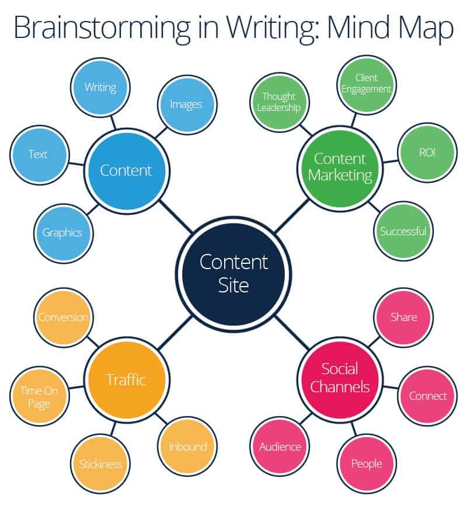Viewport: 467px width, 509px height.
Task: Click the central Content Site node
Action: (233, 273)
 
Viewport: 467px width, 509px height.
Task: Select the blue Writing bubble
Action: (100, 88)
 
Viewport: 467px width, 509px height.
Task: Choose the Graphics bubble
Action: (62, 232)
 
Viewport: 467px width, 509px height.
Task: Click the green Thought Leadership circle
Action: (279, 102)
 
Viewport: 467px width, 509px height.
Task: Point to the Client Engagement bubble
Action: (366, 83)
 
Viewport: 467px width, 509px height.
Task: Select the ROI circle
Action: (427, 153)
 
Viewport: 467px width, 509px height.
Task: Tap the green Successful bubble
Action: (403, 231)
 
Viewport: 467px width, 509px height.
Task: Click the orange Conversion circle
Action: (63, 318)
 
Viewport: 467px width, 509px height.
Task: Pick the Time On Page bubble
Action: (39, 397)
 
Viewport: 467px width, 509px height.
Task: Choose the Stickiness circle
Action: (100, 464)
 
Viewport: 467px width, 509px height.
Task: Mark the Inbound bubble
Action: (187, 447)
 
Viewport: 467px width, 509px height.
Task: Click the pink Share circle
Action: (403, 317)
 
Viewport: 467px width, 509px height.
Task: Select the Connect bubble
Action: (427, 396)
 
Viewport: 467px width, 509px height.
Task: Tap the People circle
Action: (366, 464)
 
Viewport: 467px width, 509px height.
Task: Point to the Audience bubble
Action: (280, 447)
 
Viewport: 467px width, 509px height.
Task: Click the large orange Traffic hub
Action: (126, 380)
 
